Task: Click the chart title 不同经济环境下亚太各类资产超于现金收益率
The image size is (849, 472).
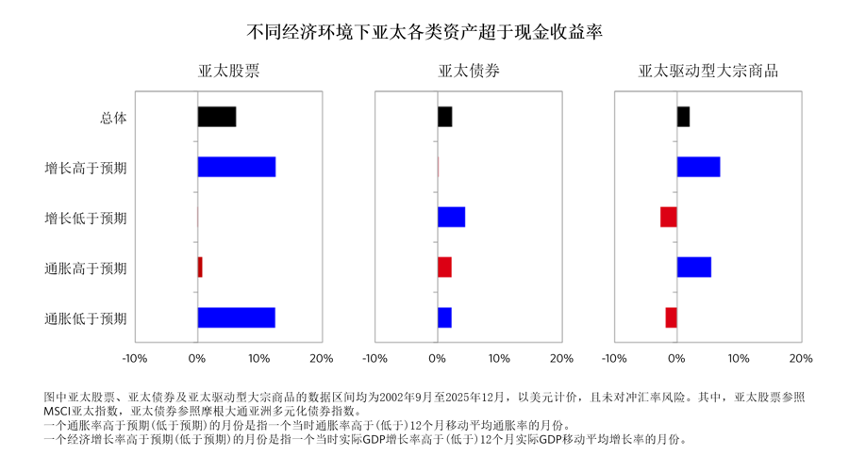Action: [424, 30]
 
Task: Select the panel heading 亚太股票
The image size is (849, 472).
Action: [228, 72]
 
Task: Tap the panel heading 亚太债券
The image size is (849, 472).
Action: [469, 72]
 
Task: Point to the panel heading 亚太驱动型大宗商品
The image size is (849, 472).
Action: [708, 72]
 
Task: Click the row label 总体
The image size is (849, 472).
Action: [113, 118]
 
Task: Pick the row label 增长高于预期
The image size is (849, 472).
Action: [86, 168]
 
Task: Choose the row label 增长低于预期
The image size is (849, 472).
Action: [86, 218]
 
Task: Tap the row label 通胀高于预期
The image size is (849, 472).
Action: [86, 269]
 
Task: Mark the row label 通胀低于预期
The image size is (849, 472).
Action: [86, 318]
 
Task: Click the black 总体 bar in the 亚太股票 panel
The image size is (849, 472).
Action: [217, 117]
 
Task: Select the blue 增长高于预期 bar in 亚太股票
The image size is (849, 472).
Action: [237, 167]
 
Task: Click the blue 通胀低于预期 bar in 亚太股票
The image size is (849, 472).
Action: [236, 317]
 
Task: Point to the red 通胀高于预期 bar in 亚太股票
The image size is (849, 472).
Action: [200, 268]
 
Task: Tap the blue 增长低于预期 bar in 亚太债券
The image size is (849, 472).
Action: [451, 217]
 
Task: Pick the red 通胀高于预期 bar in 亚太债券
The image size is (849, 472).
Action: [444, 268]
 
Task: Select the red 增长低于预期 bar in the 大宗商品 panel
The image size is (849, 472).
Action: [669, 217]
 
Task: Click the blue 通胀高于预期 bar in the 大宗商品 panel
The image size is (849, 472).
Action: [694, 268]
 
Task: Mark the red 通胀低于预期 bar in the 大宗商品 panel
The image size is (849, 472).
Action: [672, 317]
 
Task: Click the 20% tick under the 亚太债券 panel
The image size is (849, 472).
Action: [561, 359]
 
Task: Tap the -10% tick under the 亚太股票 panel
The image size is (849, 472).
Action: [135, 359]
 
